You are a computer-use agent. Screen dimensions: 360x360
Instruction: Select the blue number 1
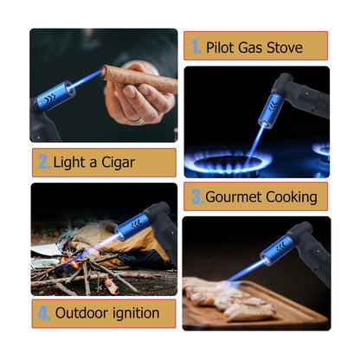tap(196, 47)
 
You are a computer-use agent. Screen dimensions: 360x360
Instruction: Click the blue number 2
tap(44, 162)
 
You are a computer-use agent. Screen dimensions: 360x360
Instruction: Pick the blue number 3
tap(197, 196)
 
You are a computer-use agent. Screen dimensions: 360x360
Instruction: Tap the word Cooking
tap(292, 198)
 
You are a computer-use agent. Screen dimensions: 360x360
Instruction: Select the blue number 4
tap(44, 313)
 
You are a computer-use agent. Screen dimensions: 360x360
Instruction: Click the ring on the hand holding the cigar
tap(138, 120)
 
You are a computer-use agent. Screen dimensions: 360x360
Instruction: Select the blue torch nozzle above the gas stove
tap(267, 110)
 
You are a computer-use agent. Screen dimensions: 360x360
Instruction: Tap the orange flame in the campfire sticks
tap(71, 262)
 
